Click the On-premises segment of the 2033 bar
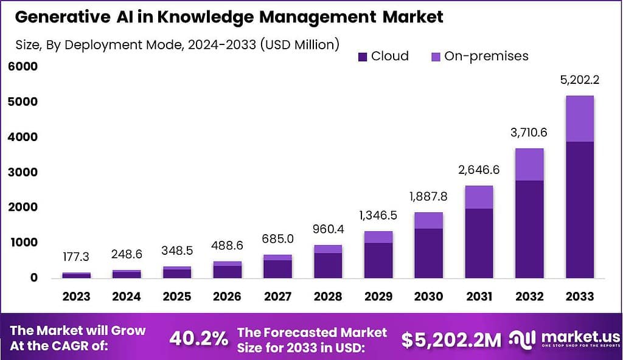pos(579,119)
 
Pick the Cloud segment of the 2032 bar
pos(529,229)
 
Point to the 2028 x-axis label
pos(328,297)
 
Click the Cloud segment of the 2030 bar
pos(428,253)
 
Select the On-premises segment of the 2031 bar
pos(479,197)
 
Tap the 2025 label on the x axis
pos(177,297)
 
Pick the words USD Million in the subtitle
pos(298,44)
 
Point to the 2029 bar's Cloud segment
pos(378,260)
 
